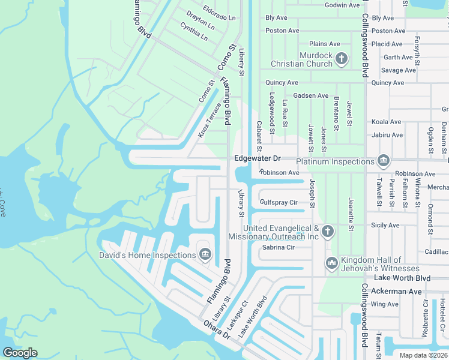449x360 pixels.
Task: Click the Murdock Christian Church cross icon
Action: coord(342,59)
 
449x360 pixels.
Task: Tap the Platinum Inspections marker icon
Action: coord(383,161)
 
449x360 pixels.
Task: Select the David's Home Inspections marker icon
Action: coord(205,256)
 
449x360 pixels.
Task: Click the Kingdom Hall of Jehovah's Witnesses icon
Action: coord(332,263)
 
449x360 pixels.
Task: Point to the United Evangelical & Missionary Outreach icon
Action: coord(327,232)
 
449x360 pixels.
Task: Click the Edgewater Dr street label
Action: coord(258,158)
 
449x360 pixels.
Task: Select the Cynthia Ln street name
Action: coord(193,31)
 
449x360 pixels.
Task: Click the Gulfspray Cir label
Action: coord(279,203)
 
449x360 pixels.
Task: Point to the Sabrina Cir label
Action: coord(279,247)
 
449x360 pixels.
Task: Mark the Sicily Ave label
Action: coord(385,226)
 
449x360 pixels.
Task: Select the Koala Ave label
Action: coord(387,122)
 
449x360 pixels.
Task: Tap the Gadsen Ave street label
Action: coord(310,95)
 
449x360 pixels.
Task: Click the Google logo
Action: coord(20,353)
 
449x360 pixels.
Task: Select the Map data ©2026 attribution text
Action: coord(423,355)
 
